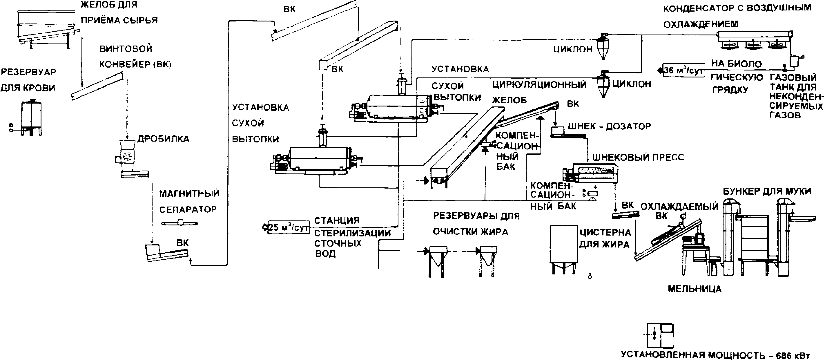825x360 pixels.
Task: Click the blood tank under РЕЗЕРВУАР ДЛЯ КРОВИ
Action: click(x=31, y=117)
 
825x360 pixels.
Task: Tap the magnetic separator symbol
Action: click(x=180, y=223)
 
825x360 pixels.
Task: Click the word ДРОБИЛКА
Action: click(x=163, y=139)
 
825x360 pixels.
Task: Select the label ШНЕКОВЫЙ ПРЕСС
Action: click(x=638, y=157)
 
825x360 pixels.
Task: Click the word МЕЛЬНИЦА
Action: click(x=695, y=289)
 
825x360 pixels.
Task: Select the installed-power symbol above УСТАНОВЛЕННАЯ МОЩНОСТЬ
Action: click(x=659, y=336)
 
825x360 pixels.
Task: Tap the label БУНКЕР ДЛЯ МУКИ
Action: click(x=767, y=191)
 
